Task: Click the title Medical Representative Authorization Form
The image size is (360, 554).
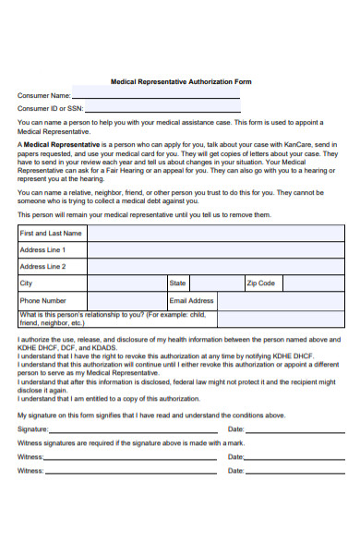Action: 181,81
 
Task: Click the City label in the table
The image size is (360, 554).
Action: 26,283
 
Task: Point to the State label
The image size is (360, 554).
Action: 178,283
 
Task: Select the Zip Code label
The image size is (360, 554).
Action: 260,283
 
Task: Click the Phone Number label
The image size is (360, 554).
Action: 43,300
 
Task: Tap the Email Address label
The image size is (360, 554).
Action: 192,300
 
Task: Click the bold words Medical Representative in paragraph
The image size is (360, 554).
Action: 62,145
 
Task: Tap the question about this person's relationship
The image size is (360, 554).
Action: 92,319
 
